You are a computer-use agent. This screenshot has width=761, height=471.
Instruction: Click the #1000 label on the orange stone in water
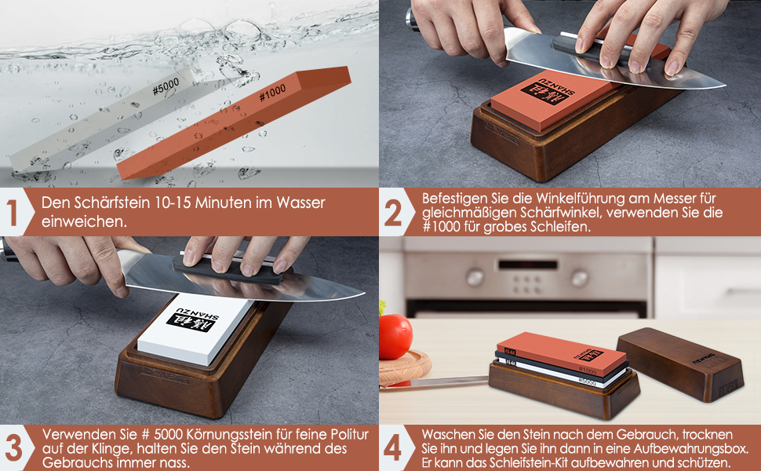(x=272, y=93)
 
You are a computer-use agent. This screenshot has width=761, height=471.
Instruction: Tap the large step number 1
(x=12, y=213)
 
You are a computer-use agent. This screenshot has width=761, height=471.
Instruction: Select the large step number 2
(x=393, y=213)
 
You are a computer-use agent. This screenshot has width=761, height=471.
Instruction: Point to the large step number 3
(x=13, y=447)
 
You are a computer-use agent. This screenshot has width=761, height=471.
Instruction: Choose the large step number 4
(x=392, y=447)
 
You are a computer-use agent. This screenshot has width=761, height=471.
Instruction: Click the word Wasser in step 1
(x=300, y=203)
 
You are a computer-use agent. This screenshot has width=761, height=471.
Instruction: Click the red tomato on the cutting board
(x=395, y=336)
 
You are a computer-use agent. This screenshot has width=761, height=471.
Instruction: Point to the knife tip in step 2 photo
(x=725, y=86)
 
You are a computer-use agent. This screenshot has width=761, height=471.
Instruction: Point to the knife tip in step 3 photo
(x=364, y=293)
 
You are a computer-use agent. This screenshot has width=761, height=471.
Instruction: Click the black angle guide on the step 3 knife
(x=228, y=271)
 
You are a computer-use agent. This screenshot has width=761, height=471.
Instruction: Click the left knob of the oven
(x=475, y=278)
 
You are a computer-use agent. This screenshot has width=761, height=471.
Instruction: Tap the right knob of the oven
(x=580, y=278)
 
